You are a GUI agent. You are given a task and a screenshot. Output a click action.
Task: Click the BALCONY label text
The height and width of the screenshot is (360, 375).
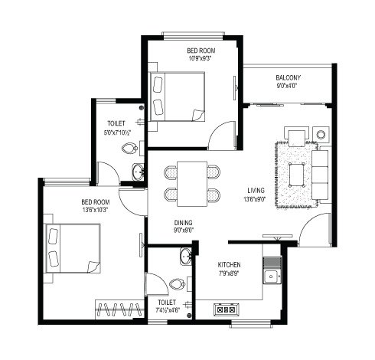(x=288, y=77)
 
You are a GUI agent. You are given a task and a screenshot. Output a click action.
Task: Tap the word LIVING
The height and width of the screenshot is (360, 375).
(x=256, y=191)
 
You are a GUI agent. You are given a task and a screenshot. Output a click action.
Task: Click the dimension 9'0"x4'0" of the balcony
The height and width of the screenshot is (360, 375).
(x=288, y=86)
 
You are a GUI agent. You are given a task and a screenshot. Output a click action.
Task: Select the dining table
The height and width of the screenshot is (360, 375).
(x=192, y=182)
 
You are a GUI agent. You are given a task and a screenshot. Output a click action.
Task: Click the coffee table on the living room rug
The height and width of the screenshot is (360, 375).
(x=295, y=170)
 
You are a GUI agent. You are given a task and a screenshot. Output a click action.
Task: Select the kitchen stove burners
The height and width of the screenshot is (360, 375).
(x=226, y=310)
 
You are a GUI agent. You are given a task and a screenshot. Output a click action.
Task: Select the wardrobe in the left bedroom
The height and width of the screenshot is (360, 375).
(x=119, y=310)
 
